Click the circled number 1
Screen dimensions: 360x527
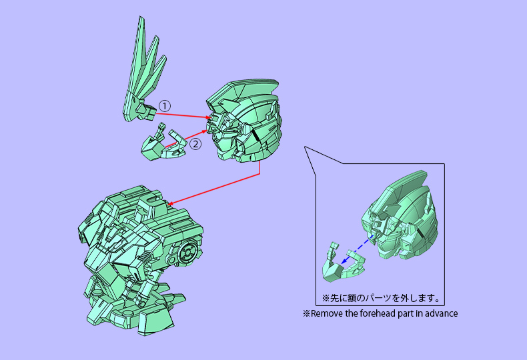pos(165,106)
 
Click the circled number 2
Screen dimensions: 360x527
pos(195,143)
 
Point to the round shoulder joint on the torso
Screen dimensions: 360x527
pos(189,253)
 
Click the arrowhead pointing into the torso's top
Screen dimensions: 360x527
pos(171,203)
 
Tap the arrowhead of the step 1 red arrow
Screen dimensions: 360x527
pos(211,118)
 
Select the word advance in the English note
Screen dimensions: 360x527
pos(440,313)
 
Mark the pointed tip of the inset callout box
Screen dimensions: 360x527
pos(305,146)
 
